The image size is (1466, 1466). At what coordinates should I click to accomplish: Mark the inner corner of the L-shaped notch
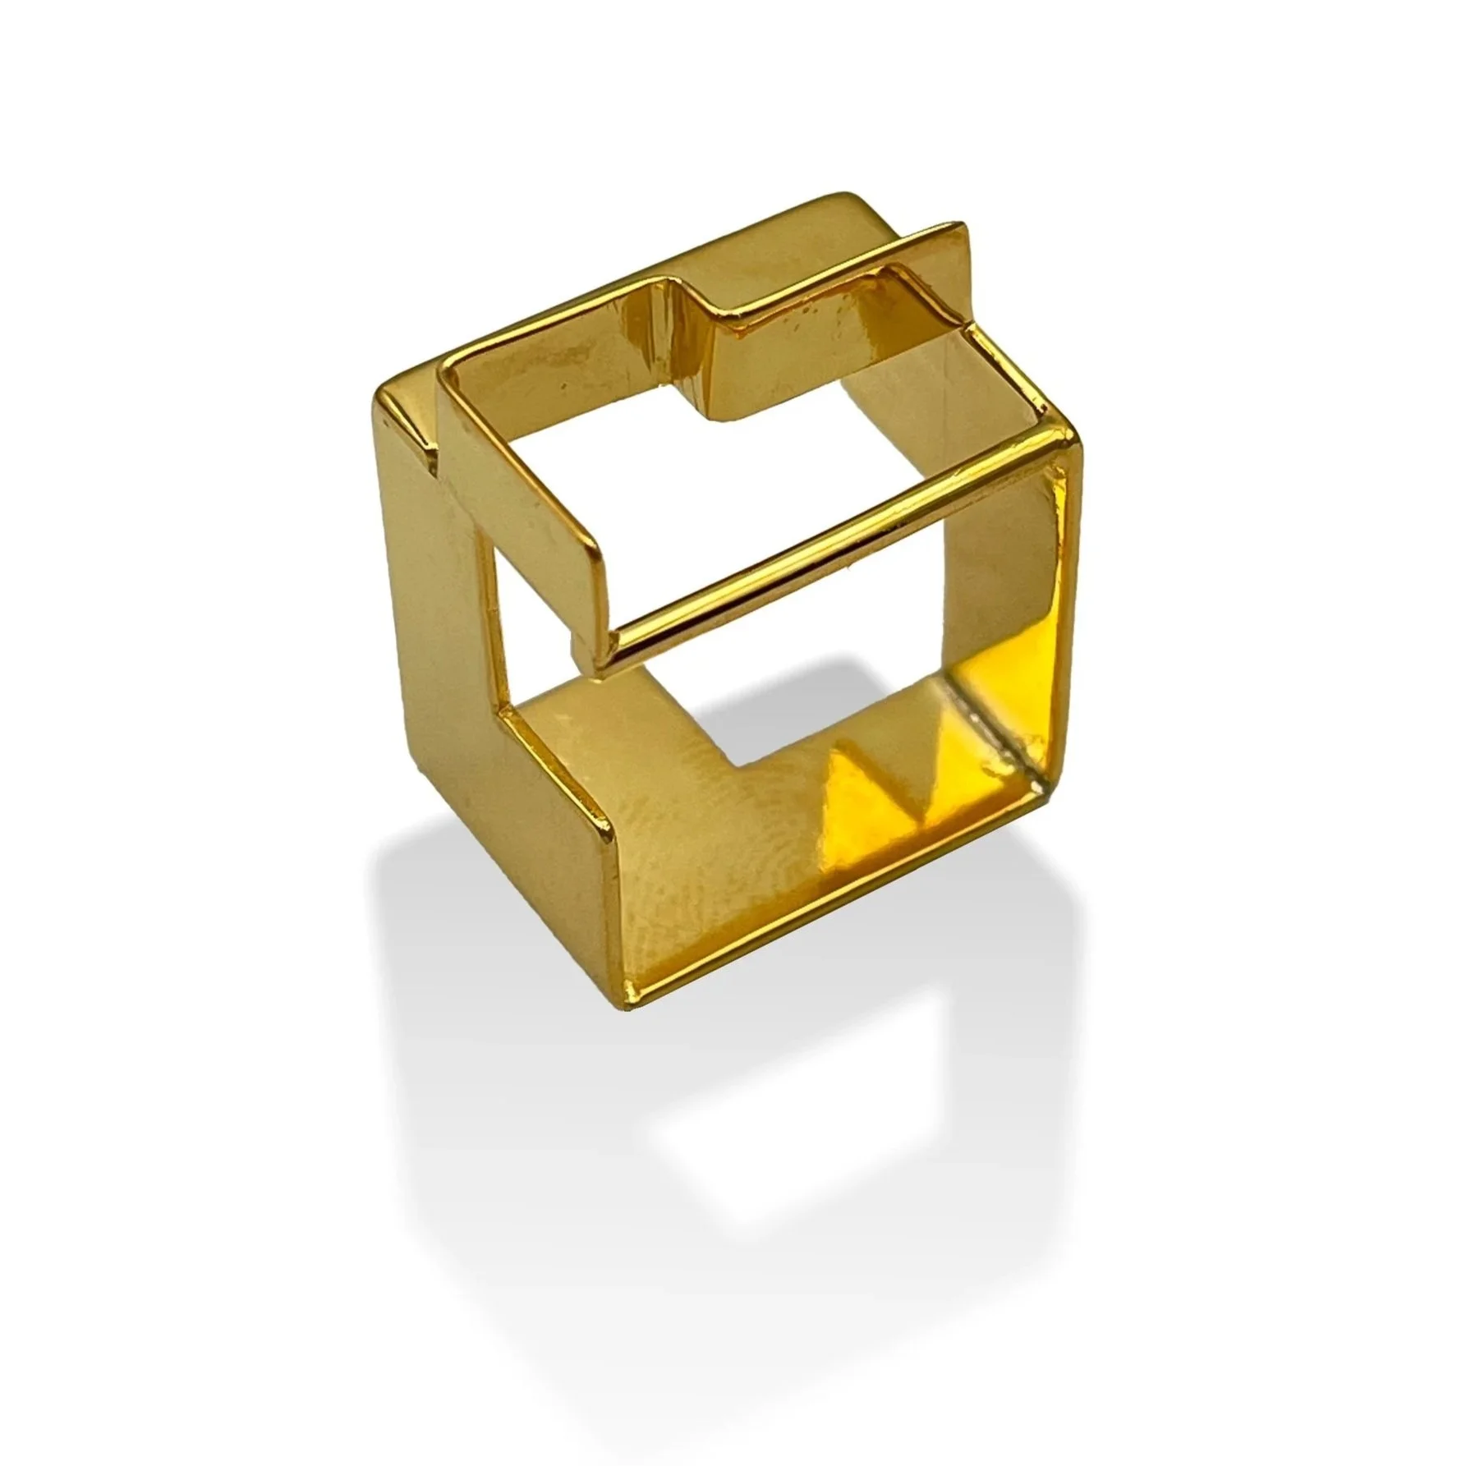pos(743,768)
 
